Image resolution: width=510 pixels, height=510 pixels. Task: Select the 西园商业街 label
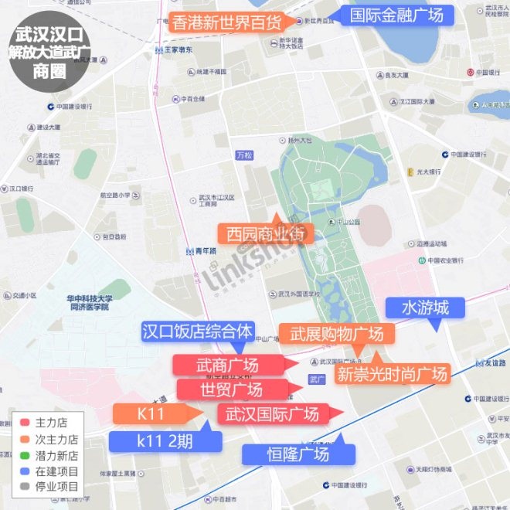tap(266, 233)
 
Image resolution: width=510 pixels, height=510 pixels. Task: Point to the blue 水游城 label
tap(425, 308)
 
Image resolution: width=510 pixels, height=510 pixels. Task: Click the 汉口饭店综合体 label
tap(199, 331)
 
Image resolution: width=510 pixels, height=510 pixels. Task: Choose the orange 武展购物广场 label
tap(337, 335)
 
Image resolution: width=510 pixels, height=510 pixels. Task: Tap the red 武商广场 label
tap(227, 365)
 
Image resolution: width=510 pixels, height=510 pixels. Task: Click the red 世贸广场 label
tap(231, 389)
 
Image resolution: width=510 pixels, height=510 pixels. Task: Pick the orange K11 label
tap(152, 413)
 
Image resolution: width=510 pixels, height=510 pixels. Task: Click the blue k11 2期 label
tap(165, 442)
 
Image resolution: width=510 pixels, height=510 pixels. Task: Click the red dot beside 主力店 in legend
tap(24, 424)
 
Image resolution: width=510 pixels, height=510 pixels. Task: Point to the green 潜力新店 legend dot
tap(24, 456)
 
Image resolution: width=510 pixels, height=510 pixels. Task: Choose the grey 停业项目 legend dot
tap(24, 487)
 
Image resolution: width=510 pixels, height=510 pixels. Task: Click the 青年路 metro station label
tap(203, 251)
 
